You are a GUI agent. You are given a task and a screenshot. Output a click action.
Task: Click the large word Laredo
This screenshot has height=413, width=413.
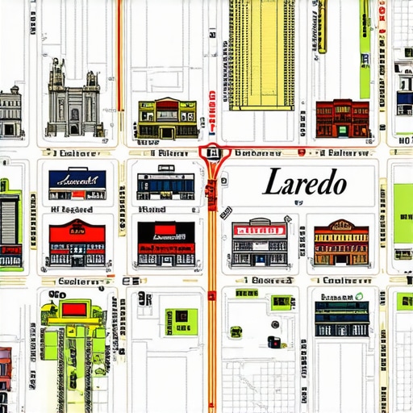tap(305, 182)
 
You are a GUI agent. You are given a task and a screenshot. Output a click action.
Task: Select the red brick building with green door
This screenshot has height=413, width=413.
tap(343, 119)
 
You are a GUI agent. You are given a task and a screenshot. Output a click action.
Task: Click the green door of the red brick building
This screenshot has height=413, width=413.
tap(343, 128)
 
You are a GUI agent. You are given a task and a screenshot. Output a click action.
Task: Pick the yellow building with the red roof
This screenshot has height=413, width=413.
tap(167, 119)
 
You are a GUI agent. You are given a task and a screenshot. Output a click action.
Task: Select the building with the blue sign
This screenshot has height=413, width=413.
tap(77, 185)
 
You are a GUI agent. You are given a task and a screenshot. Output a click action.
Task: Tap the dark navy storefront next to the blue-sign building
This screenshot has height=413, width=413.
tap(165, 185)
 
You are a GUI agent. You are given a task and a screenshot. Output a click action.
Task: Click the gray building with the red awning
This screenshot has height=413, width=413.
tap(260, 242)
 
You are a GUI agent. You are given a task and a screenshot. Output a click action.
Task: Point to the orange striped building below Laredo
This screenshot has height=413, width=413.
tap(341, 243)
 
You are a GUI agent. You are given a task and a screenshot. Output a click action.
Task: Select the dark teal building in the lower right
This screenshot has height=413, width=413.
tap(342, 318)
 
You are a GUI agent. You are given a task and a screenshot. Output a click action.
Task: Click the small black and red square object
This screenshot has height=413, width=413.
tap(273, 342)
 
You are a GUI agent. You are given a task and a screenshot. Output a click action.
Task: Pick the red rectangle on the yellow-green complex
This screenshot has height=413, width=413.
tap(76, 307)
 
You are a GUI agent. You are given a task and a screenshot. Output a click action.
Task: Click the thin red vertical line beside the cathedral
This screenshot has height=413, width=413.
tap(120, 56)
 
